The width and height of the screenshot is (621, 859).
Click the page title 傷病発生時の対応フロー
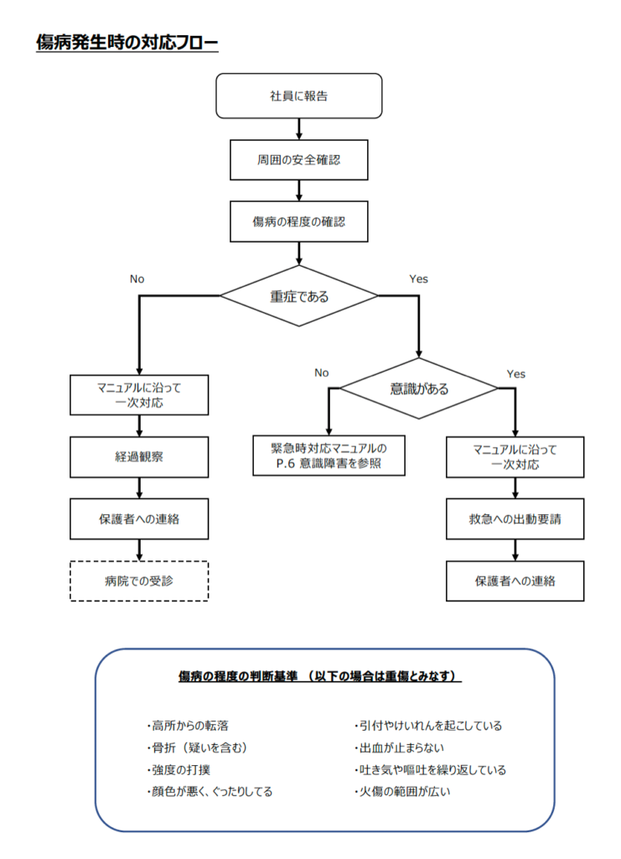pos(127,42)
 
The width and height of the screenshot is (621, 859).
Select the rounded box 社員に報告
pos(298,96)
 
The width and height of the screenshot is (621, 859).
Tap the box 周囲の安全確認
pos(298,159)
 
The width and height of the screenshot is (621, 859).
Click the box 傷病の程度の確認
pos(298,222)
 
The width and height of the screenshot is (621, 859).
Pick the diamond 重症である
pos(298,296)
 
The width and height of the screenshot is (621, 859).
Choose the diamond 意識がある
pos(419,388)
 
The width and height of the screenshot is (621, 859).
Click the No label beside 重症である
pos(137,279)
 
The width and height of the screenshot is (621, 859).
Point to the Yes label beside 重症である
pos(418,279)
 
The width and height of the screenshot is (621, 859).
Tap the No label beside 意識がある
pos(322,372)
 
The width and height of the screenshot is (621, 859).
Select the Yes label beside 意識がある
pos(516,373)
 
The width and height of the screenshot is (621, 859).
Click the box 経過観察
pos(138,457)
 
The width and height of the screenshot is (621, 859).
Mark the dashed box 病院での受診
pos(138,580)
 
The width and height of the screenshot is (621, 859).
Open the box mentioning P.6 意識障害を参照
pos(329,456)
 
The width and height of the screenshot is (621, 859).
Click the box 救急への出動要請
pos(515,519)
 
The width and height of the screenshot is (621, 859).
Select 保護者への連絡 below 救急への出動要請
pos(515,580)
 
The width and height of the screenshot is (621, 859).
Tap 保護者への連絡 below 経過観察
pos(138,519)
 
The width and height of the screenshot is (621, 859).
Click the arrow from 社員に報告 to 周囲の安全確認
pos(299,128)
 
